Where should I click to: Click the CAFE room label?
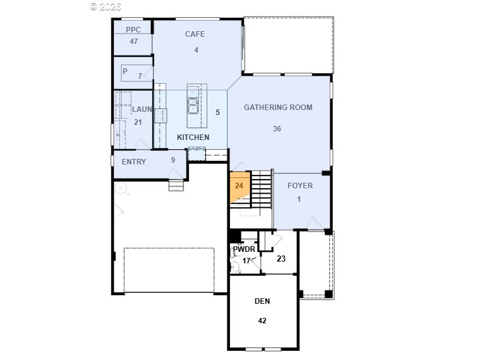click(194, 34)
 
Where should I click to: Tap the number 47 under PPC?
click(134, 42)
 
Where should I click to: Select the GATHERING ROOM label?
click(278, 107)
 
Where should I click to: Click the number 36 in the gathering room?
click(277, 129)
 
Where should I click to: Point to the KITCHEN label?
click(193, 137)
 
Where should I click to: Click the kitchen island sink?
click(193, 106)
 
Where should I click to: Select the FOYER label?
click(300, 186)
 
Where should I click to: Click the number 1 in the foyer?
click(299, 199)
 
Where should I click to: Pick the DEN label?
click(262, 301)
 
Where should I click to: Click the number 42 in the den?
click(262, 320)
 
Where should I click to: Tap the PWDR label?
click(244, 249)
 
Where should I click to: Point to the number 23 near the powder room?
click(281, 259)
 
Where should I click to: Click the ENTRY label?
click(134, 161)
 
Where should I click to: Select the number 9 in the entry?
click(173, 160)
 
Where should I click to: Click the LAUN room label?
click(142, 109)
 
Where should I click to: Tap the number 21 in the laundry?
click(138, 122)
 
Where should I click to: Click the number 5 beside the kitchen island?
click(218, 112)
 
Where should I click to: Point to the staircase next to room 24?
click(261, 189)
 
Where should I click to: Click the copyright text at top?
click(106, 7)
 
